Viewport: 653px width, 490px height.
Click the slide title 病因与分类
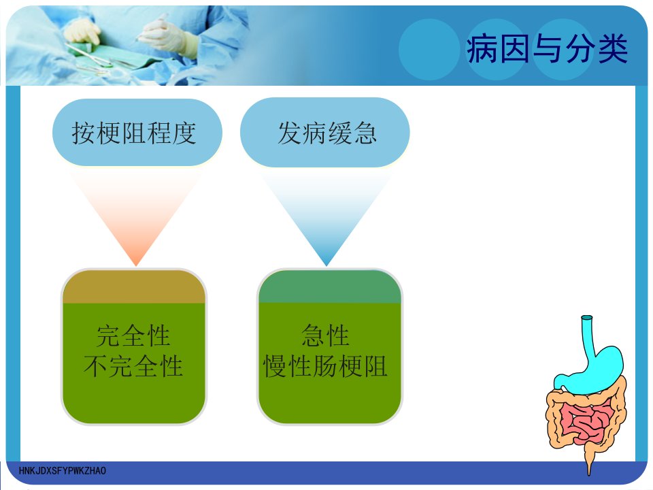pos(547,49)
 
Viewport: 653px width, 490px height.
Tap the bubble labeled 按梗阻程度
pos(137,133)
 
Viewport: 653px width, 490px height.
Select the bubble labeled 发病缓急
pos(325,133)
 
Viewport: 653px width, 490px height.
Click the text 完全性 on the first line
pos(133,336)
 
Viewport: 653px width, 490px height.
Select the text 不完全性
pos(133,366)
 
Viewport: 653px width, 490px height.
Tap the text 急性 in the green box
pos(325,336)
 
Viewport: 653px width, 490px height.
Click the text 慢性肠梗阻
pos(325,366)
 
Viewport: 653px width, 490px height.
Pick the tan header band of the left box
pos(134,287)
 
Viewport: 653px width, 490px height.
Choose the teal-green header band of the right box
pos(330,287)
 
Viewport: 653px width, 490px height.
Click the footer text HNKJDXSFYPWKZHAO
pos(63,471)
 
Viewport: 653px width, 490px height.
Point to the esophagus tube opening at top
pos(587,318)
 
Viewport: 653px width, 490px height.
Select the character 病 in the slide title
pos(482,49)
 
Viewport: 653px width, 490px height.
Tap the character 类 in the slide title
pos(612,49)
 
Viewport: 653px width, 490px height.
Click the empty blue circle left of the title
pos(429,49)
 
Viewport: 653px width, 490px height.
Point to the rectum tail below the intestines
pos(588,458)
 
